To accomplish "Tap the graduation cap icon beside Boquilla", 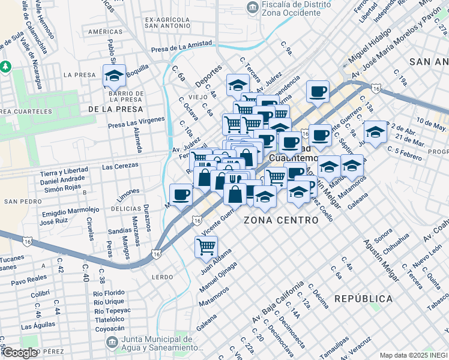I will [113, 76].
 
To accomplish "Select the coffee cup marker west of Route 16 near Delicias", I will [181, 194].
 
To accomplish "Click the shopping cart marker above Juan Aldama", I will [206, 247].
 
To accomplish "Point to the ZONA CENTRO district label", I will [281, 221].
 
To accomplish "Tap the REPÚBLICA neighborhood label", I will [363, 298].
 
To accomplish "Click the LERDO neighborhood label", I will [162, 277].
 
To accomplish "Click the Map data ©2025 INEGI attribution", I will [413, 355].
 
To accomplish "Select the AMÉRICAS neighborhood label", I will [105, 31].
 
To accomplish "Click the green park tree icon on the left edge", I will [5, 65].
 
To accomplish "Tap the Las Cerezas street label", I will [117, 166].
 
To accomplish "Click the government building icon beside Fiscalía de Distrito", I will [253, 7].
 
